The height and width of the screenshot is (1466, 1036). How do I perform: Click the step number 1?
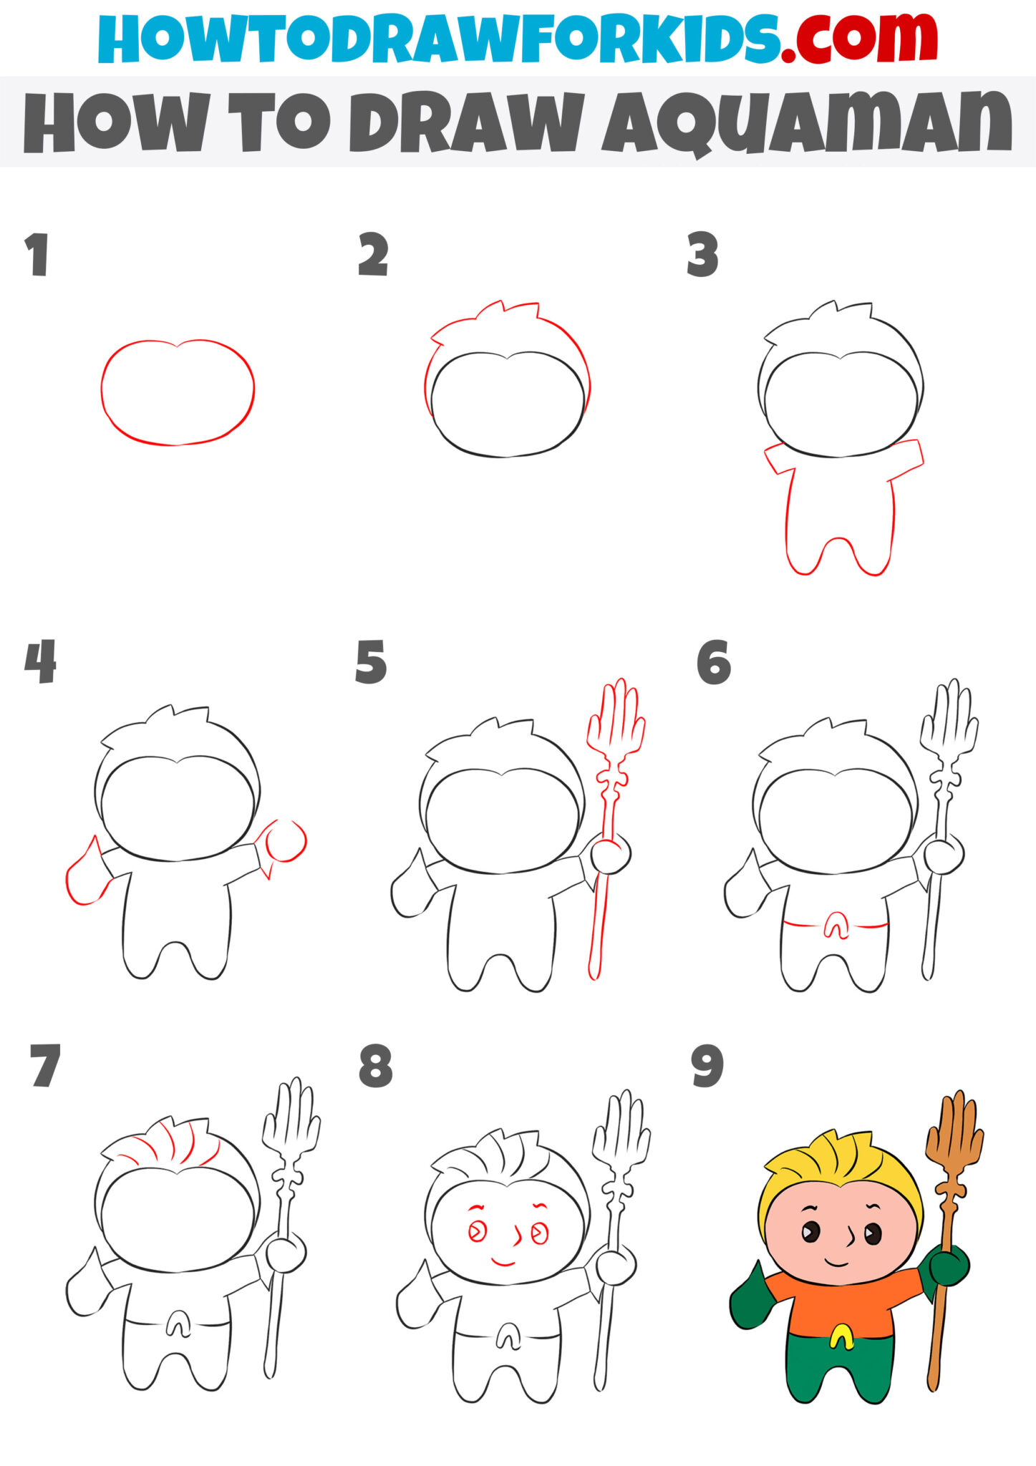37,254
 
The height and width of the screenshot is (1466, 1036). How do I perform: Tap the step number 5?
371,662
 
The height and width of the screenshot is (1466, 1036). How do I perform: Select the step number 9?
707,1067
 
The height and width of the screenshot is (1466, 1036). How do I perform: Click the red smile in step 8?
503,1263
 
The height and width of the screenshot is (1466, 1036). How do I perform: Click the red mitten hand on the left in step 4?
86,877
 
